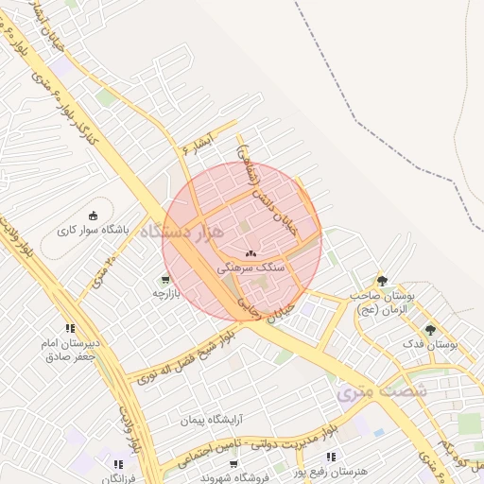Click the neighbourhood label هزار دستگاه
click(x=182, y=231)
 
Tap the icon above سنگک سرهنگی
click(x=251, y=253)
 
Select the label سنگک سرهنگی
click(x=246, y=268)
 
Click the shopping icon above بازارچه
click(x=166, y=279)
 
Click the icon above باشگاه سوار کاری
click(x=93, y=215)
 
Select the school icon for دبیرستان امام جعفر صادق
click(x=69, y=328)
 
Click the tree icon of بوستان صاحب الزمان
click(x=382, y=280)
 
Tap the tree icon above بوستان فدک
click(x=431, y=330)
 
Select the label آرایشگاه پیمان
click(x=214, y=417)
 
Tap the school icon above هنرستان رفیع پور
click(x=330, y=457)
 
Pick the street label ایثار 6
click(x=199, y=142)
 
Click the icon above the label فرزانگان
click(x=117, y=464)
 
